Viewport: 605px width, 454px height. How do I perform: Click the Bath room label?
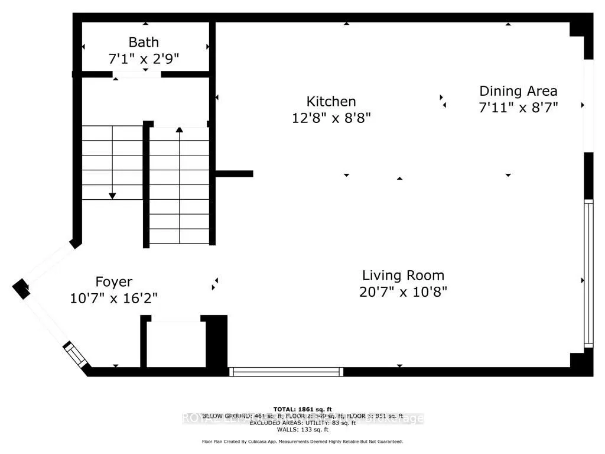[144, 43]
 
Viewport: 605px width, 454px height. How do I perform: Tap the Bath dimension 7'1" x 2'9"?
[144, 59]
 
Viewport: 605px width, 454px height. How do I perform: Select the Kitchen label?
[331, 102]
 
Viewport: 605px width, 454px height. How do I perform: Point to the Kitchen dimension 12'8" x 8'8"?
[331, 118]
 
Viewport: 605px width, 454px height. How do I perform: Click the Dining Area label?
[518, 91]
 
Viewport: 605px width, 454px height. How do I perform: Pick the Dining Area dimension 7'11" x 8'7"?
[518, 107]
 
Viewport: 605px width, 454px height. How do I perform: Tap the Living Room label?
[403, 275]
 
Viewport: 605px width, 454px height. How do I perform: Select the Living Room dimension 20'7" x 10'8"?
[403, 291]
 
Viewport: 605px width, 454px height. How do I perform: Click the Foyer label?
[114, 282]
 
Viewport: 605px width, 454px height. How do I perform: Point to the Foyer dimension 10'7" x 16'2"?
[114, 298]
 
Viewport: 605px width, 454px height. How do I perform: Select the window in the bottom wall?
[286, 371]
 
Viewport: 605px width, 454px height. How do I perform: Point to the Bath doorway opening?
[136, 74]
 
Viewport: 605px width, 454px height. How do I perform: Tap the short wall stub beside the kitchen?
[235, 174]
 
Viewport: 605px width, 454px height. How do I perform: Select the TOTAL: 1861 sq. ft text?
[302, 409]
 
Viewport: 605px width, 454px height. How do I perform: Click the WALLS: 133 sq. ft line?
[302, 429]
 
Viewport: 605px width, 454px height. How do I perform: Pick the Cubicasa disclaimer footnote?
[302, 442]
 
